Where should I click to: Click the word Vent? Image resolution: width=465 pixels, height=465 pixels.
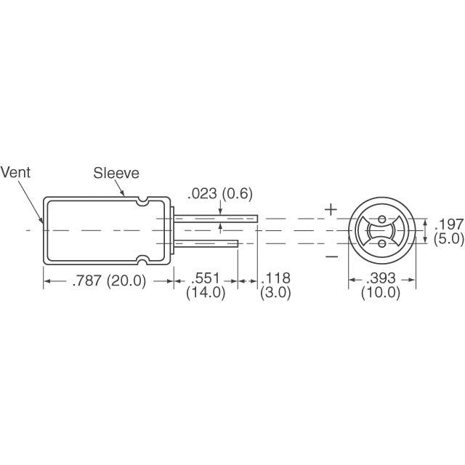[x=15, y=172]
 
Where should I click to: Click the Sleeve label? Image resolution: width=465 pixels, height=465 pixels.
[x=116, y=173]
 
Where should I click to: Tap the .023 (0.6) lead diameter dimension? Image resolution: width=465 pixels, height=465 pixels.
[x=220, y=194]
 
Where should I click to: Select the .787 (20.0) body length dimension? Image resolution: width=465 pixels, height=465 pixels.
[x=109, y=280]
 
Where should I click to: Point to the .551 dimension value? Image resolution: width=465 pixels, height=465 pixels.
[x=206, y=278]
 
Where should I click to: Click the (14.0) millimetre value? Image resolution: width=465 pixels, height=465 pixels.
[x=206, y=293]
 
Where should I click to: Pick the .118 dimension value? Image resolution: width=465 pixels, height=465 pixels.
[x=275, y=278]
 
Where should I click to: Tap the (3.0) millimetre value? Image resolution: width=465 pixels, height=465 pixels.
[x=275, y=293]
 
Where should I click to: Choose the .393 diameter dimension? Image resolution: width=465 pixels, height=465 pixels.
[x=381, y=278]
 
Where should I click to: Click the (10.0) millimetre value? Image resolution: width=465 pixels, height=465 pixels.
[x=381, y=293]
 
